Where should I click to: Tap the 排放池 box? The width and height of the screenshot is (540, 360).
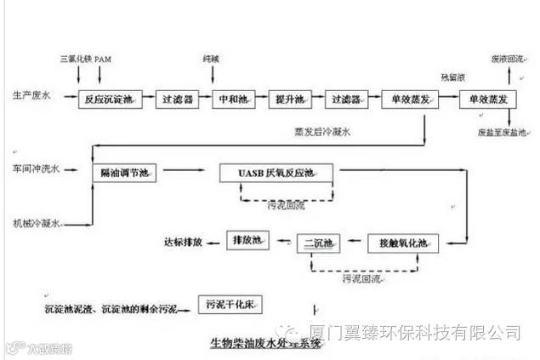coord(247,242)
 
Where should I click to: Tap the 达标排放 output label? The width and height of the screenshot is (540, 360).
coord(184,243)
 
